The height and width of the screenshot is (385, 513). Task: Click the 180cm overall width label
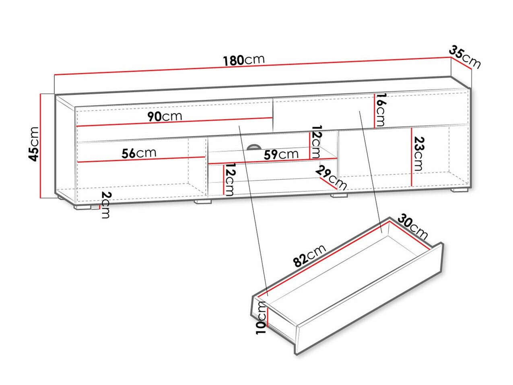[x=244, y=60]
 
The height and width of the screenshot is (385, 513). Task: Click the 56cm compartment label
[x=139, y=153]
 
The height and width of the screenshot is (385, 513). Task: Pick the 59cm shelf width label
[x=281, y=154]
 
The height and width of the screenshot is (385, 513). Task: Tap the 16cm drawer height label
[x=379, y=110]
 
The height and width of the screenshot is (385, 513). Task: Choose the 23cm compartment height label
[x=418, y=153]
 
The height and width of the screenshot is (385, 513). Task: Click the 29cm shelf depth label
[x=331, y=178]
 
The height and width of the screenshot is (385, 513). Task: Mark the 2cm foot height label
[x=106, y=205]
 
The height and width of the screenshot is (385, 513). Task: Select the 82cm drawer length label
[x=309, y=256]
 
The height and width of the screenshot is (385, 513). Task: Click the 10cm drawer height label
[x=262, y=318]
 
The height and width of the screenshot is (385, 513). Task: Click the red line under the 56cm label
[x=141, y=159]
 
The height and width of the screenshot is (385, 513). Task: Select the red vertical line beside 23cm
[x=411, y=157]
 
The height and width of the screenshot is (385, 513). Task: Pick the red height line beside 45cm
[x=41, y=146]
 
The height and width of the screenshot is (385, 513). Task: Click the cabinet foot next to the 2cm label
[x=82, y=207]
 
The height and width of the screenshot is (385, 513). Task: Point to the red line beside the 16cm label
[x=375, y=111]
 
